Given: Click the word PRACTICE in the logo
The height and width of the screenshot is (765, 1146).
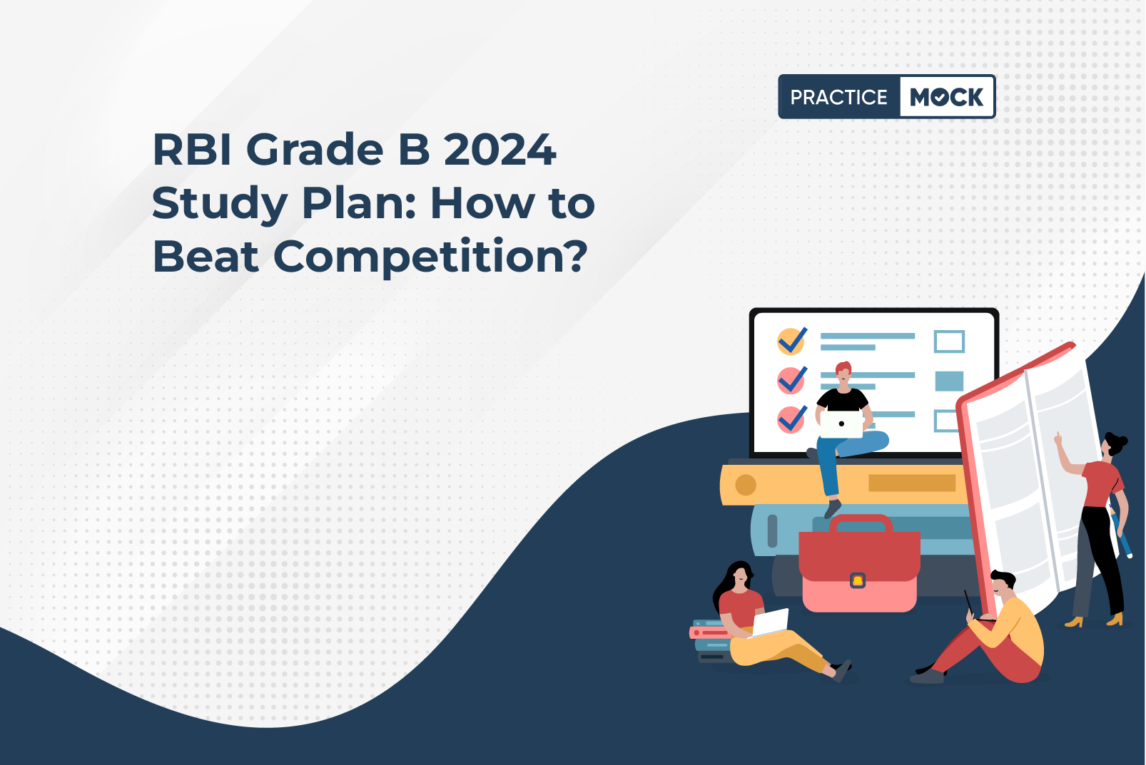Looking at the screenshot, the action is click(838, 97).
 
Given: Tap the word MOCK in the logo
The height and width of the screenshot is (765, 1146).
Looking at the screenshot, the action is click(946, 97).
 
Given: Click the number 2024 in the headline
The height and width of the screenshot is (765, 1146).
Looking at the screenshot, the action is click(500, 150).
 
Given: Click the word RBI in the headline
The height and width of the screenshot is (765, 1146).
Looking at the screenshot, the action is click(192, 150).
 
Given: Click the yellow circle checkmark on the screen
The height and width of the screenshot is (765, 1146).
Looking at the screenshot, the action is click(791, 341).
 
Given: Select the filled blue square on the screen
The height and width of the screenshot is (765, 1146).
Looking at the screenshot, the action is click(949, 381).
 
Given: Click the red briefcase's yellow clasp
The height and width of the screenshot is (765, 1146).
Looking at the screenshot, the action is click(858, 580).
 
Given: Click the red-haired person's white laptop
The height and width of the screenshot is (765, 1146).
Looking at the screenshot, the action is click(841, 424).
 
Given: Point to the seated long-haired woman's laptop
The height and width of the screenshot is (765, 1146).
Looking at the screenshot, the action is click(769, 623).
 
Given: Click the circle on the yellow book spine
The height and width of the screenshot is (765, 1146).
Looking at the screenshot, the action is click(746, 485).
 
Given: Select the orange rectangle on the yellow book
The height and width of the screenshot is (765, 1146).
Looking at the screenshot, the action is click(912, 483).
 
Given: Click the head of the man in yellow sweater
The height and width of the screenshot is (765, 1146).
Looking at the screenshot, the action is click(1003, 585).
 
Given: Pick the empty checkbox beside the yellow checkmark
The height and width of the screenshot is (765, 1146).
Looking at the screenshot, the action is click(949, 342).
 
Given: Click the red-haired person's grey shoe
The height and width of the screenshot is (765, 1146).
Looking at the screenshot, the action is click(833, 508).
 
